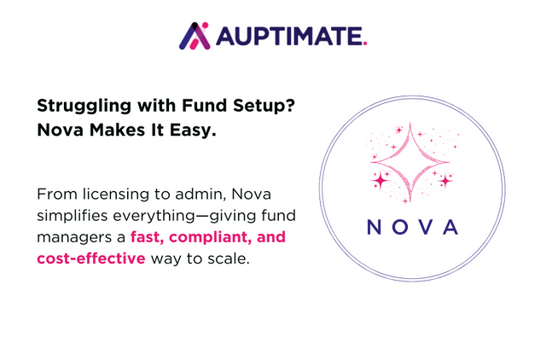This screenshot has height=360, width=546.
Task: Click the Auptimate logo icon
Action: tap(194, 35)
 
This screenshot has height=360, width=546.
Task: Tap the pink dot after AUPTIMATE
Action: tap(364, 43)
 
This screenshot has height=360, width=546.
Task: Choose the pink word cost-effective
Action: tap(90, 258)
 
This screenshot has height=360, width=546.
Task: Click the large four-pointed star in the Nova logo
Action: tap(409, 163)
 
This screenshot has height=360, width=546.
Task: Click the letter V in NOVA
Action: tap(425, 227)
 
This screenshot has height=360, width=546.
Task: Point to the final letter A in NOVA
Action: tap(450, 227)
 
